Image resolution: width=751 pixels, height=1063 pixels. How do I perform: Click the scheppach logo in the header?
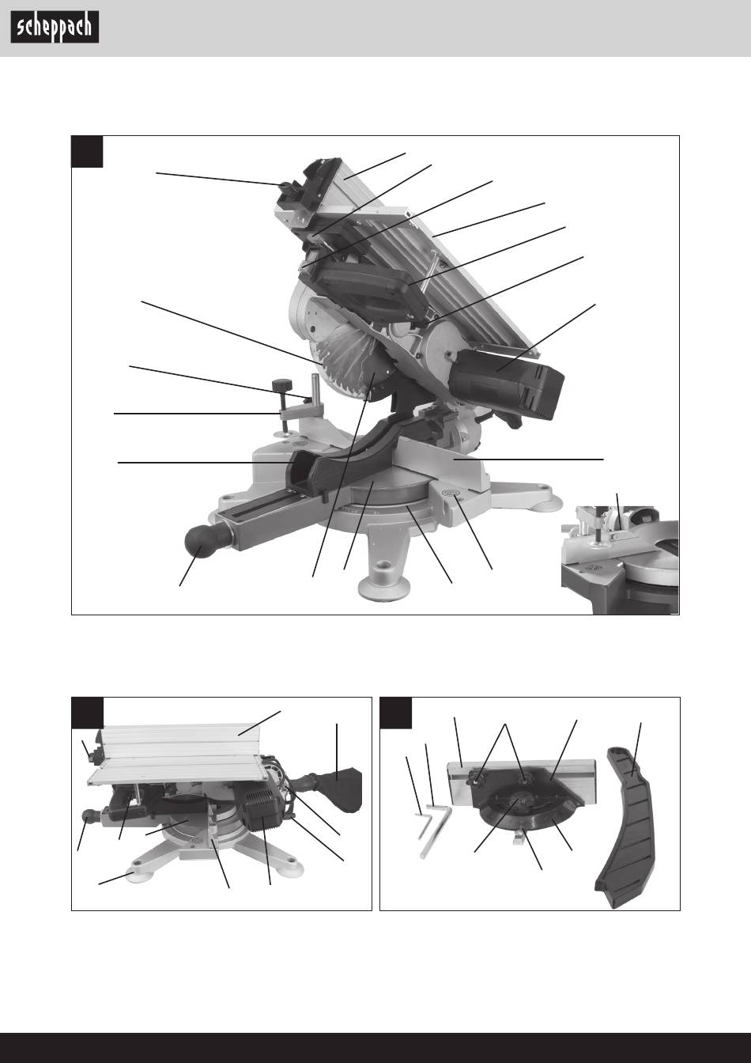[55, 27]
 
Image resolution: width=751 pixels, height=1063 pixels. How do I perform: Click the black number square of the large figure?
[87, 151]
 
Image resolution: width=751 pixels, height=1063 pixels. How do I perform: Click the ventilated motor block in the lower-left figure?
[262, 806]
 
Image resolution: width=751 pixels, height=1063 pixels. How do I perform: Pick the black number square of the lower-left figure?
[87, 713]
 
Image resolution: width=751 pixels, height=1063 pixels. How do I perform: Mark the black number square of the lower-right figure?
[396, 713]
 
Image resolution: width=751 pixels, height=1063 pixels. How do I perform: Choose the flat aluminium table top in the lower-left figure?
[179, 754]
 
